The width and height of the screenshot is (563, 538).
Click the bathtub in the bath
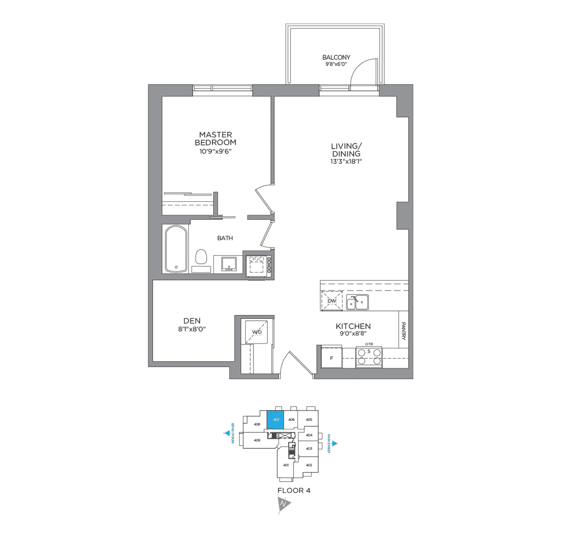coord(177,249)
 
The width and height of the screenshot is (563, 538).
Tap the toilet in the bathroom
coord(201,257)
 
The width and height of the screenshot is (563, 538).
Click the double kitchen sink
coord(358,302)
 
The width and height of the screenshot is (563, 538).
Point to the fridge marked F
coord(331,357)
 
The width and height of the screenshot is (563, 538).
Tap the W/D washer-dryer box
coord(257,332)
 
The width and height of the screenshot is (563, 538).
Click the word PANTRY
coord(403,330)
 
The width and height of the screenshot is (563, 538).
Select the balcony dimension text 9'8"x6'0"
coord(336,65)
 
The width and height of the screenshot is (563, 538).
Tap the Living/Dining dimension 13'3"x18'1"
coord(346,161)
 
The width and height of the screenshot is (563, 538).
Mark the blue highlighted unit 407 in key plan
coord(276,419)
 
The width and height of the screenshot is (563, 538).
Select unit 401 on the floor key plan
coord(286,465)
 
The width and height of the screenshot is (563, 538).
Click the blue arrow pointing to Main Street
coord(335,444)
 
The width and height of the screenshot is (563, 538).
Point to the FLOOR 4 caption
coord(294,490)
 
